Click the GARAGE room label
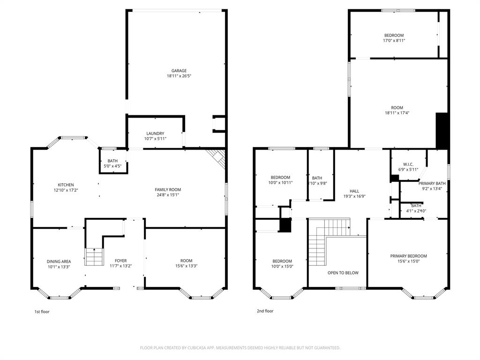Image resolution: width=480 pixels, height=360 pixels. (x=179, y=71)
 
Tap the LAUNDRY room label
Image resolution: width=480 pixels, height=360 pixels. (x=155, y=134)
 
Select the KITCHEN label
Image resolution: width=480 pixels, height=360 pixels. (x=66, y=185)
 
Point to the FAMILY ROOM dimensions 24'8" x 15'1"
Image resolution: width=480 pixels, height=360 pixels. (x=168, y=195)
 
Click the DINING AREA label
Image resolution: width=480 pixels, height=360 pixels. (x=59, y=261)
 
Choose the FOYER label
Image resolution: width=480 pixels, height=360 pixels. (x=121, y=261)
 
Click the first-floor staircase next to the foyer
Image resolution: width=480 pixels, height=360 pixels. (x=94, y=256)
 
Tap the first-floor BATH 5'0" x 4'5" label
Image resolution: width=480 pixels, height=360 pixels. (x=112, y=161)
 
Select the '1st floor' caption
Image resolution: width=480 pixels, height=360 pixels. (x=42, y=312)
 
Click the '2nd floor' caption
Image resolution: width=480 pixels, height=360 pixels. (x=265, y=311)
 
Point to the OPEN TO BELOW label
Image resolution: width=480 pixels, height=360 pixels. (x=343, y=272)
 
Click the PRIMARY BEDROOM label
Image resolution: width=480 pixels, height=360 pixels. (x=408, y=256)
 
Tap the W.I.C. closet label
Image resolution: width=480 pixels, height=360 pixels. (x=408, y=164)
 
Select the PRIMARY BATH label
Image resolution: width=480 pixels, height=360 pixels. (x=432, y=183)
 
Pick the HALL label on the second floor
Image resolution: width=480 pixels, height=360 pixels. (x=354, y=191)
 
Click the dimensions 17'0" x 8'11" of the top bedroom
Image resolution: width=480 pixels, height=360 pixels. (x=394, y=41)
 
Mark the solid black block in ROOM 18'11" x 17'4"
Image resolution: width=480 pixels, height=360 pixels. (x=442, y=130)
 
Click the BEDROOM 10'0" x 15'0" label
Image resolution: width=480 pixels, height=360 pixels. (x=282, y=261)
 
